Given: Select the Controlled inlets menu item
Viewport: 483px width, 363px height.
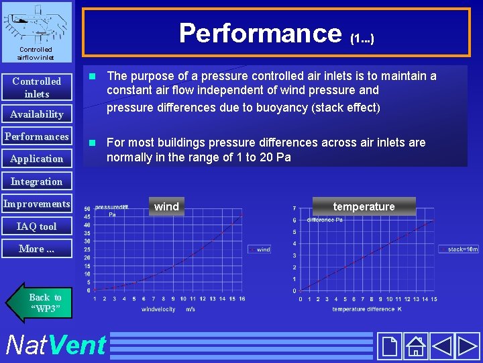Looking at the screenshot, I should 37,87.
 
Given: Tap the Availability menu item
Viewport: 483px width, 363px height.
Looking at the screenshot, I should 37,114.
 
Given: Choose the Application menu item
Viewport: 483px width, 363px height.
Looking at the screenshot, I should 37,159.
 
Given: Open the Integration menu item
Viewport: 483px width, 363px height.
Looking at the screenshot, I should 37,182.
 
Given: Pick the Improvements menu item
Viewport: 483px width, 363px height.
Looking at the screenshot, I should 37,204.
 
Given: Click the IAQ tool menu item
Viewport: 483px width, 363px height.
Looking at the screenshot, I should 37,227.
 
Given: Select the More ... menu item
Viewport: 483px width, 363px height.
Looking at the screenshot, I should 37,249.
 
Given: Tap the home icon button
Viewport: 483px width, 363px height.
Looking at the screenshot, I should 416,346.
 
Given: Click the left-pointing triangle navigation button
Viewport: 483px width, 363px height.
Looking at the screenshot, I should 441,346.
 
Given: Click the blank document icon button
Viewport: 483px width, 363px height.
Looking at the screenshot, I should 389,346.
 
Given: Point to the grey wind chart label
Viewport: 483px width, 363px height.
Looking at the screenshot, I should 166,206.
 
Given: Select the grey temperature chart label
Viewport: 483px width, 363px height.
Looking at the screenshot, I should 364,206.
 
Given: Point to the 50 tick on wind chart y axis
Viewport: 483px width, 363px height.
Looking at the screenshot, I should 87,209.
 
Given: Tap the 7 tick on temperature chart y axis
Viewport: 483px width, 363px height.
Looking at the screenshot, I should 294,208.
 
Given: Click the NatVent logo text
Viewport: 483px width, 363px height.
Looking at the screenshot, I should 55,345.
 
